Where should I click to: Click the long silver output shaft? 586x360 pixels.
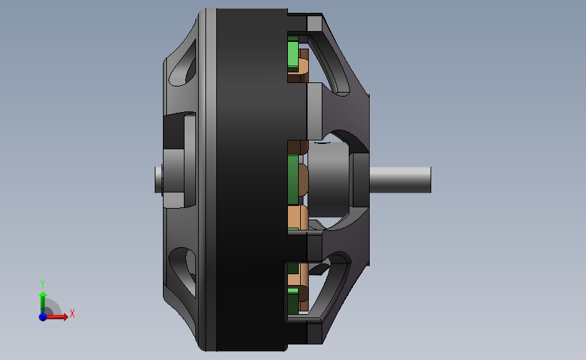click(x=400, y=180)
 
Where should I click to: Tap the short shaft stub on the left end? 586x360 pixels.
click(x=158, y=180)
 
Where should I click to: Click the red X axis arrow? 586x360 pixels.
click(x=57, y=317)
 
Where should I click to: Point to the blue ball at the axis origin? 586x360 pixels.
click(x=43, y=317)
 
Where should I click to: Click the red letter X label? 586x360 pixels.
click(x=72, y=313)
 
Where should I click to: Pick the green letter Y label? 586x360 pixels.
click(x=42, y=284)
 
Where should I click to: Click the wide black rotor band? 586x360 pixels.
click(x=252, y=180)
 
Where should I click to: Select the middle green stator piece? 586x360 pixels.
click(x=293, y=180)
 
